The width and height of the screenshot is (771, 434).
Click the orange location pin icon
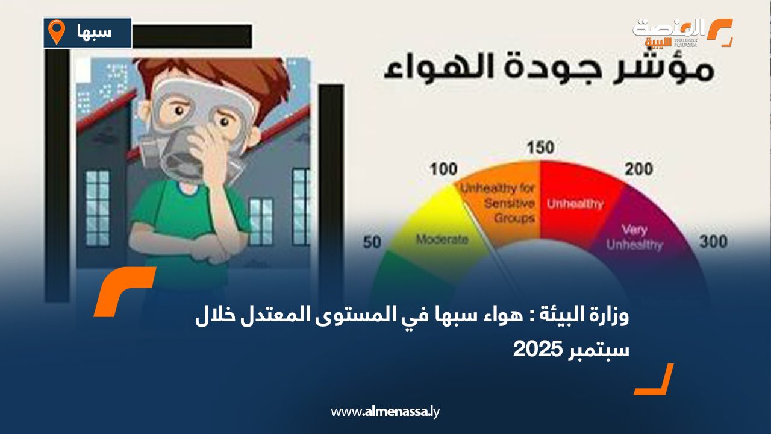pos(56,32)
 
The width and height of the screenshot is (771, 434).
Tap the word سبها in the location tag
pos(95,32)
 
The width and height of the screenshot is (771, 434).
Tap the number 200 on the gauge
pos(638,169)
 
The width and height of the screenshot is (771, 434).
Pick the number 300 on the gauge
pos(713,242)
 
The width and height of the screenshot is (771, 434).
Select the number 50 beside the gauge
pos(372,242)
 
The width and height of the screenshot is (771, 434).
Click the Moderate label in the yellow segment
pos(442,239)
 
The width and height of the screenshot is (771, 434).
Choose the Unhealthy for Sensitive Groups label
pos(498,204)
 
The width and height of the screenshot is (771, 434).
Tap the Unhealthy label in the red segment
pos(575,204)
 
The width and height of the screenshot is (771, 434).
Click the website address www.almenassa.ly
pos(385,412)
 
